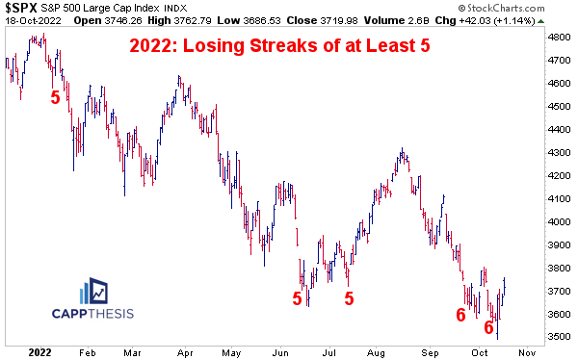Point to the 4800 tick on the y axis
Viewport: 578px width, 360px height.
click(x=559, y=38)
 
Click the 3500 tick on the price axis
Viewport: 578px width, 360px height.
click(x=559, y=337)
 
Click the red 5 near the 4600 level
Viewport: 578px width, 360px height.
click(x=55, y=96)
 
